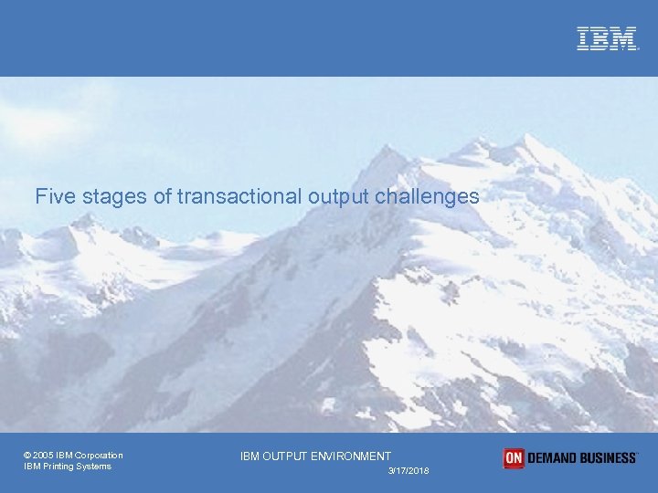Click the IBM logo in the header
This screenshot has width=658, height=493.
(x=607, y=38)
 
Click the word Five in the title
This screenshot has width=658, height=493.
(x=53, y=196)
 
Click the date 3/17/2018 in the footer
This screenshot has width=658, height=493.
(x=408, y=470)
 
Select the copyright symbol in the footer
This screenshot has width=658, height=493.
(x=27, y=456)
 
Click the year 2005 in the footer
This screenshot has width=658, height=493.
(x=44, y=456)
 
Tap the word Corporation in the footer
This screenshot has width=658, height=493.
(x=100, y=456)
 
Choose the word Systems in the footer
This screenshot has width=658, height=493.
(x=95, y=467)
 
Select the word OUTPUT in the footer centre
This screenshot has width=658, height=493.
(x=286, y=456)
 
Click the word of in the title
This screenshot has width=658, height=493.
(x=164, y=196)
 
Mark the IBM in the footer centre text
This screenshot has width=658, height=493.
(x=250, y=456)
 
